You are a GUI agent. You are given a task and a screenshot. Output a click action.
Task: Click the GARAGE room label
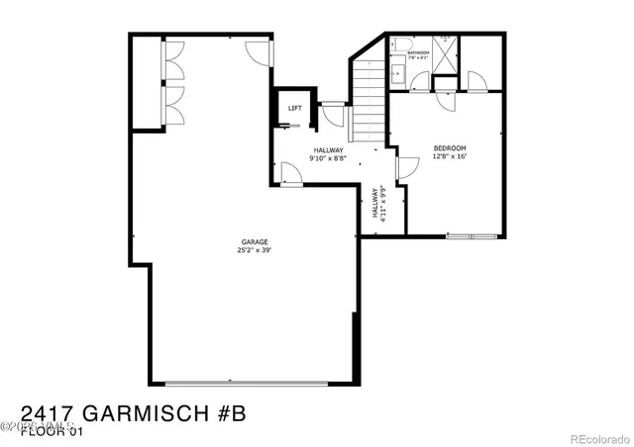coord(255,242)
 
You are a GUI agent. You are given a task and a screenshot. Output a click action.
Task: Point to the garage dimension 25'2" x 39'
coord(255,250)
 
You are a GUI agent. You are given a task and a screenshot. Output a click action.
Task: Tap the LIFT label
coord(294,108)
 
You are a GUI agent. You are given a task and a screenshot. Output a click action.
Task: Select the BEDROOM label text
coord(449,148)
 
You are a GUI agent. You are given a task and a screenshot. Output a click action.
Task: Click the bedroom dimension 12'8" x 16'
coord(449,156)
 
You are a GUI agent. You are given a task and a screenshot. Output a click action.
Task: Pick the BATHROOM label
coord(418,52)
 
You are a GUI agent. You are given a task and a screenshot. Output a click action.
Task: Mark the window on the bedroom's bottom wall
coord(472,236)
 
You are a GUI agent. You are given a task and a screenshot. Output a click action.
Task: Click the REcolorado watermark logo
coord(593,427)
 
